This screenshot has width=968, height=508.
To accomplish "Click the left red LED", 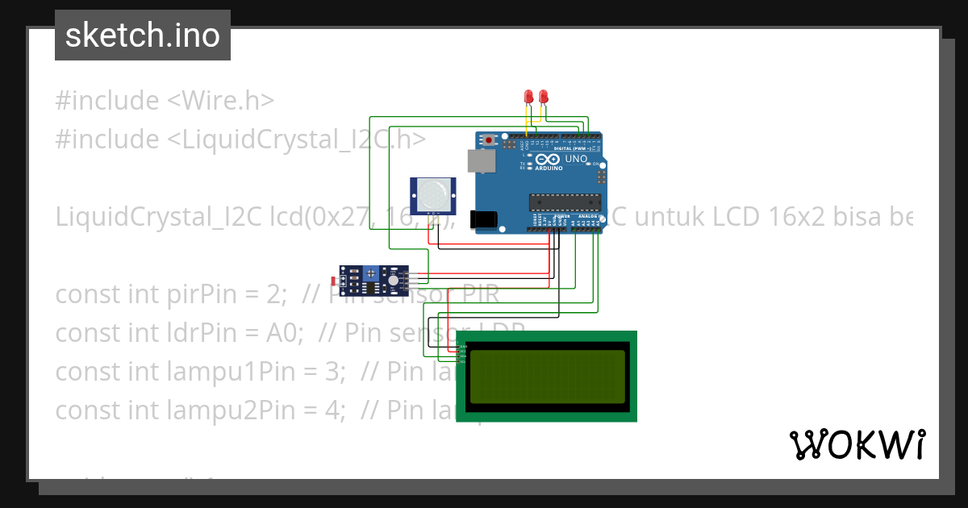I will (528, 97).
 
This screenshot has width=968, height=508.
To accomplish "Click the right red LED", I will (543, 97).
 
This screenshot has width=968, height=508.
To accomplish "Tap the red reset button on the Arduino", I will (490, 140).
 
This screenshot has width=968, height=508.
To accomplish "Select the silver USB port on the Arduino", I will (482, 161).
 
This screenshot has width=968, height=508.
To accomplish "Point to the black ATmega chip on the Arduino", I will (565, 201).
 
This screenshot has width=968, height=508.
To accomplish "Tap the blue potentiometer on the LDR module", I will (371, 273).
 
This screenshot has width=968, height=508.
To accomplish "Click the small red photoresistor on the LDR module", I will (335, 281).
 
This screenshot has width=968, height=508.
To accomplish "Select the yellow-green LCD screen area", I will (547, 376).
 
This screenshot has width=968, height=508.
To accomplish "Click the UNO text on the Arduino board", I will (576, 160).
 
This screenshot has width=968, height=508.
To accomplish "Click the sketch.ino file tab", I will (143, 35).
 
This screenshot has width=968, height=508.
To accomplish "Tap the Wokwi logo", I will (857, 444).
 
